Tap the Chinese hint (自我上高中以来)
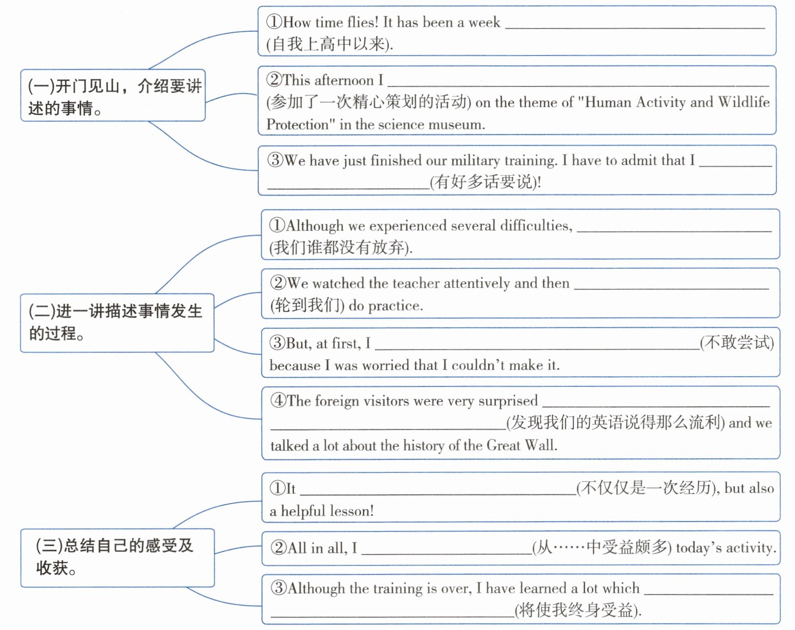(x=329, y=44)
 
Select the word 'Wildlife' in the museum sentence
(x=744, y=102)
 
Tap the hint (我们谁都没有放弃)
(x=340, y=247)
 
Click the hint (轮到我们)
(x=307, y=305)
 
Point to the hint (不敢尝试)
(x=737, y=343)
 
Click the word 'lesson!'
(x=351, y=511)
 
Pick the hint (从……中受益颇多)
(x=602, y=547)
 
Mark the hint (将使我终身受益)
(x=578, y=610)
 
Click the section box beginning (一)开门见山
(x=113, y=95)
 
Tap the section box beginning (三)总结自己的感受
(x=117, y=557)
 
